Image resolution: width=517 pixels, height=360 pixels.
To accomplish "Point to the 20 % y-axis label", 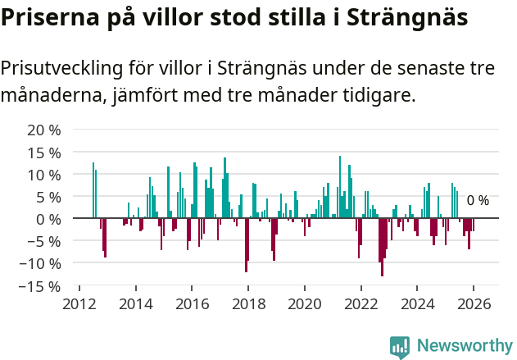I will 44,130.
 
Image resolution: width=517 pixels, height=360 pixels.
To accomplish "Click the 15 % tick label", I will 44,153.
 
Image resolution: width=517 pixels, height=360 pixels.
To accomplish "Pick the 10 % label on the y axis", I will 44,175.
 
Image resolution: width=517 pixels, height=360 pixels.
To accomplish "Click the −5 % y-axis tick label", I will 44,242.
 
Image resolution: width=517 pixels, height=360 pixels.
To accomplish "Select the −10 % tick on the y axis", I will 41,264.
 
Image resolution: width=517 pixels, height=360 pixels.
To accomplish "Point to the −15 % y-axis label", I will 41,286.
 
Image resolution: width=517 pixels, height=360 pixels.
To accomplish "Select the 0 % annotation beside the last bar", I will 478,201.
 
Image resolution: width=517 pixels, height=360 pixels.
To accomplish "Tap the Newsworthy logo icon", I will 400,346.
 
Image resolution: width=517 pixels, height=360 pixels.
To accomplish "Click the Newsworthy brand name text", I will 464,346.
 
